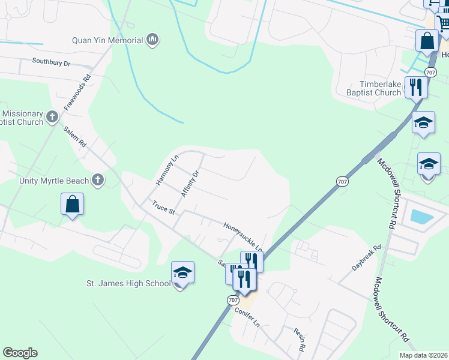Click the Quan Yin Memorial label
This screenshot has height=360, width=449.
pyautogui.click(x=107, y=41)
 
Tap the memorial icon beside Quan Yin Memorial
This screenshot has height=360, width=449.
pyautogui.click(x=152, y=40)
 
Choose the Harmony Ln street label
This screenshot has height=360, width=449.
pyautogui.click(x=167, y=170)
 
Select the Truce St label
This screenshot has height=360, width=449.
pyautogui.click(x=163, y=208)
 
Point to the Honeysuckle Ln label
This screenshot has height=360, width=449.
pyautogui.click(x=243, y=236)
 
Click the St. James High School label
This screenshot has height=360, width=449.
pyautogui.click(x=128, y=283)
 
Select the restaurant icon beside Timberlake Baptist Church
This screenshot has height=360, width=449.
pyautogui.click(x=415, y=87)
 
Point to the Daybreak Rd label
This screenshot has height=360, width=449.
pyautogui.click(x=367, y=256)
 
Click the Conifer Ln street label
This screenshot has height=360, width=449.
pyautogui.click(x=247, y=314)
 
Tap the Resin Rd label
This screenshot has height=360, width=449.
pyautogui.click(x=300, y=340)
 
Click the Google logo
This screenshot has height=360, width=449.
pyautogui.click(x=20, y=353)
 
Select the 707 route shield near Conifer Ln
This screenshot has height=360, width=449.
pyautogui.click(x=234, y=299)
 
